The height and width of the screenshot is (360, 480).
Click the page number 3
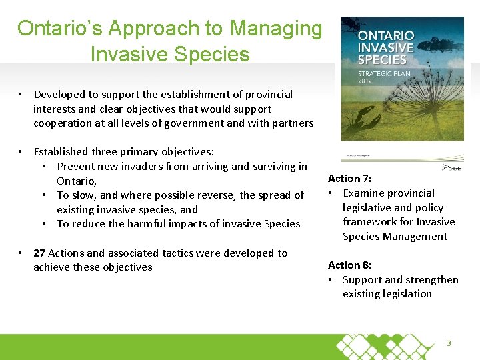[449, 343]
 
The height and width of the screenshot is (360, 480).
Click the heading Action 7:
[350, 179]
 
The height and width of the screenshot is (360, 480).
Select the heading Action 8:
[350, 265]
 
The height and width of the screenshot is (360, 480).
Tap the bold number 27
[39, 253]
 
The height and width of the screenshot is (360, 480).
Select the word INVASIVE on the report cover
[386, 47]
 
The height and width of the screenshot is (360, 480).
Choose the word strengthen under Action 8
[434, 280]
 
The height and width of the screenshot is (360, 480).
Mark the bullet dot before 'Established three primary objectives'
[22, 152]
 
